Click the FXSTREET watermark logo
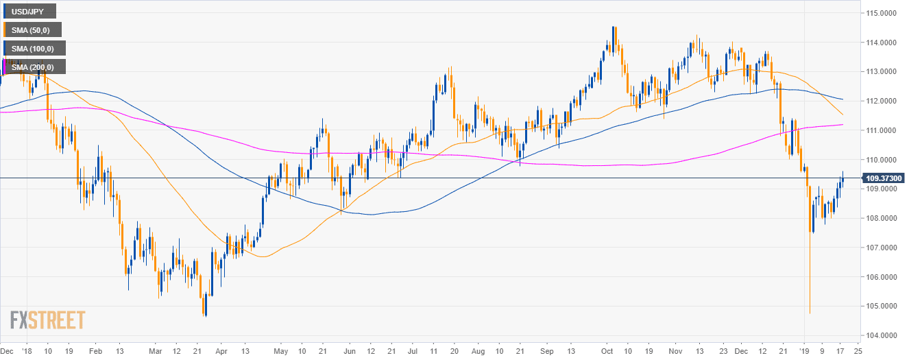click(x=47, y=320)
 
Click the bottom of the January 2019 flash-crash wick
click(x=810, y=313)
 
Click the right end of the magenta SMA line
click(x=842, y=125)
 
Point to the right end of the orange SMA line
click(x=842, y=115)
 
